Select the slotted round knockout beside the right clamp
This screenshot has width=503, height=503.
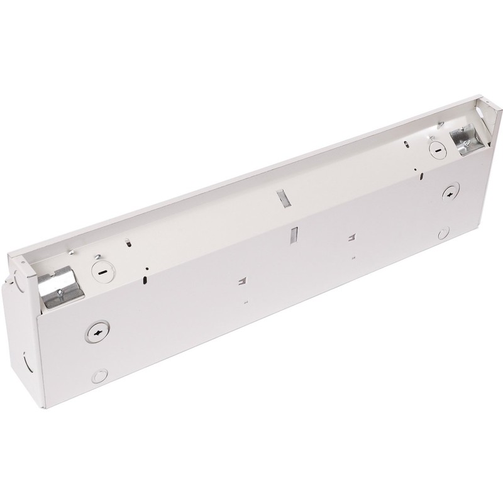434,148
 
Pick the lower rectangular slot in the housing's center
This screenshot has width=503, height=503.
293,236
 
